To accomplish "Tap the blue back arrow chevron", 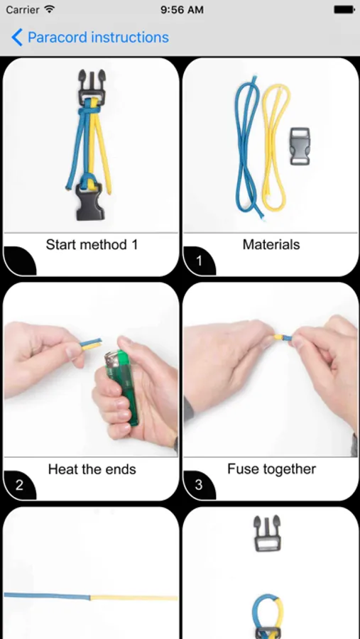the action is [x=17, y=38].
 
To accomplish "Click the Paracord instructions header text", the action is [x=98, y=38].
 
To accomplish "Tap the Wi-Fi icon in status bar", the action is [x=50, y=9].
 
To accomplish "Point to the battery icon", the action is [x=344, y=10].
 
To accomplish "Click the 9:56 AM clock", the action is [x=182, y=10].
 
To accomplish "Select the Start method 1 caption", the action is [x=92, y=244].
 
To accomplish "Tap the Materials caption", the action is [x=271, y=244].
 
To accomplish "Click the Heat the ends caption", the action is [x=92, y=469].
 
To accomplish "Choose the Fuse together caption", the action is [x=271, y=469].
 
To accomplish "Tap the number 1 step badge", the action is [x=199, y=261].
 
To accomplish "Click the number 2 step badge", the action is [x=19, y=486].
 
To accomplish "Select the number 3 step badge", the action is [x=199, y=486].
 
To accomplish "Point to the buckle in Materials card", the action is [x=300, y=146].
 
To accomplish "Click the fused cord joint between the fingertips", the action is [x=283, y=338].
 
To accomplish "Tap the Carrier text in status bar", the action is [x=23, y=10].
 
